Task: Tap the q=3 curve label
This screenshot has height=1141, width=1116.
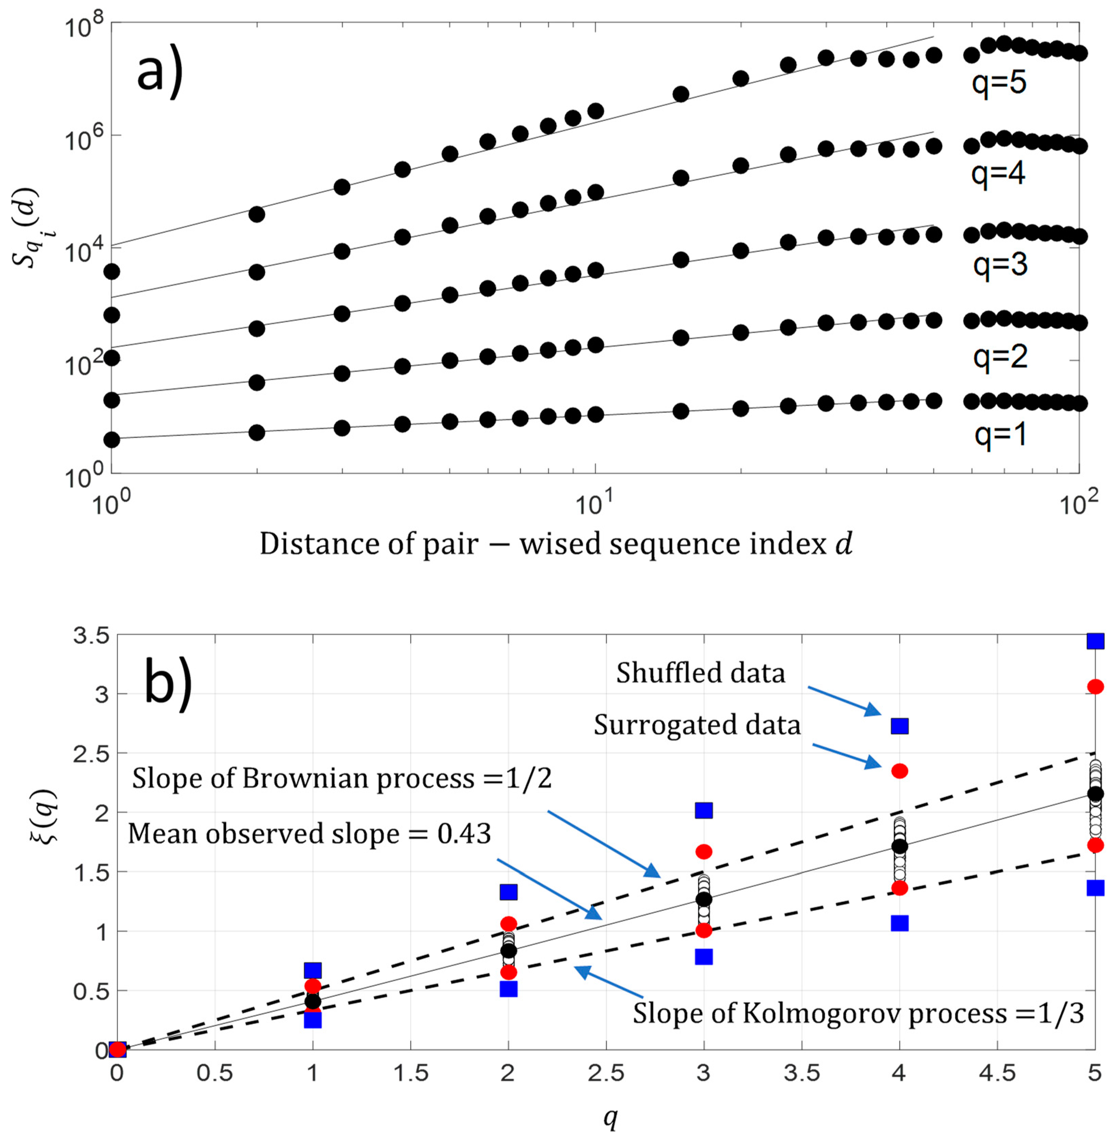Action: pyautogui.click(x=1000, y=265)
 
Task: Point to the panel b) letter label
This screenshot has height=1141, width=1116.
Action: pyautogui.click(x=168, y=683)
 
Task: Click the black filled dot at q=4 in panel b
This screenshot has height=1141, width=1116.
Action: pyautogui.click(x=899, y=846)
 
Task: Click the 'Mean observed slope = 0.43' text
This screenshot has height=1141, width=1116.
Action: pyautogui.click(x=309, y=833)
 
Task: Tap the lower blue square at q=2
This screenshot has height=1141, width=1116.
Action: pyautogui.click(x=508, y=989)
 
